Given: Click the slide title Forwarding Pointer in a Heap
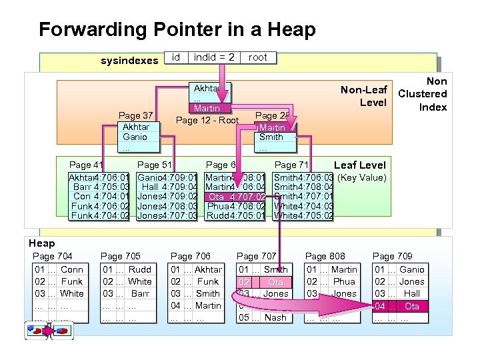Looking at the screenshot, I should click(x=177, y=29).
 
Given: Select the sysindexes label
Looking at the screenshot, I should click(x=129, y=61).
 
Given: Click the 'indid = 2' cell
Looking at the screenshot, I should click(x=213, y=58).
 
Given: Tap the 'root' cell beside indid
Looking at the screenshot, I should click(x=257, y=58).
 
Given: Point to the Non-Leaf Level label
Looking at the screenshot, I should click(x=364, y=96).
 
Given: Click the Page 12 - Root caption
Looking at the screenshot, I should click(x=207, y=121).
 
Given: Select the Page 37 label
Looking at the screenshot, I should click(x=135, y=116).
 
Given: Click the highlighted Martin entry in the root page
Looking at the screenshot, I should click(x=207, y=109).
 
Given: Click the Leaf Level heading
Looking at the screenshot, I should click(x=359, y=165).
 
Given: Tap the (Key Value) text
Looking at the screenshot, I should click(x=362, y=178).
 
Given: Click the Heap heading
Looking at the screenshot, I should click(x=41, y=243).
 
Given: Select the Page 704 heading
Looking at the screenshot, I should click(x=53, y=256).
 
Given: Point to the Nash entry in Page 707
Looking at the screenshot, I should click(x=275, y=317).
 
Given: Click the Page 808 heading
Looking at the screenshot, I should click(x=325, y=256).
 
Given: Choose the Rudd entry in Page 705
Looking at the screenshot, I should click(x=140, y=269).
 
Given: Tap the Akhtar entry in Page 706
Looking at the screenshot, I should click(x=208, y=269).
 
